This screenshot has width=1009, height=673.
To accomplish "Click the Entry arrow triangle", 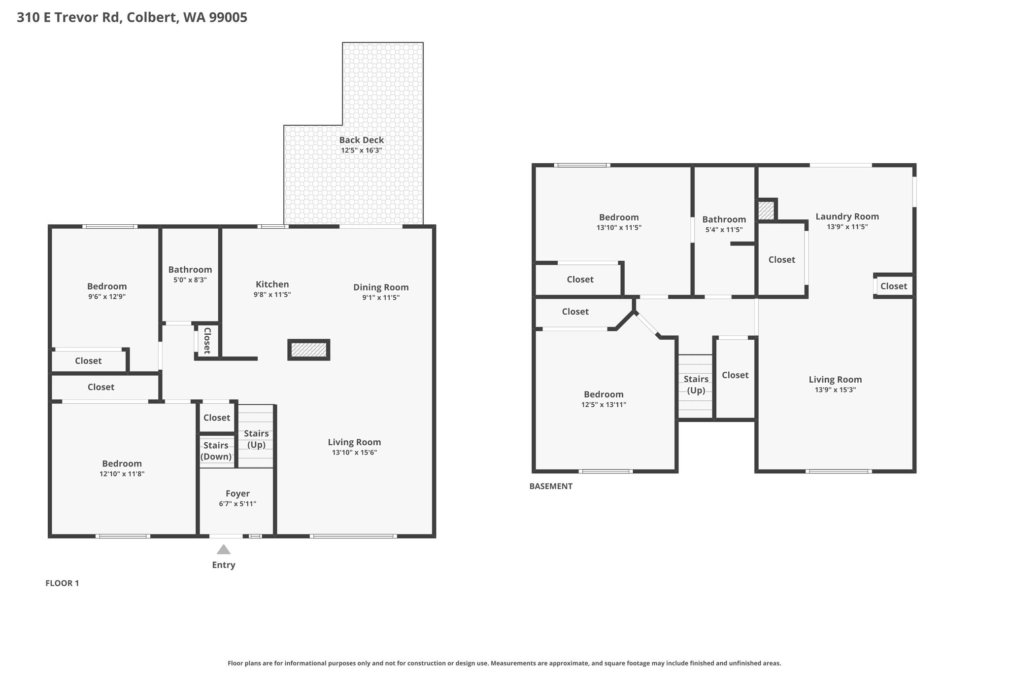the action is click(224, 549).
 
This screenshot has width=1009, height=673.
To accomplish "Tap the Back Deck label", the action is click(361, 140).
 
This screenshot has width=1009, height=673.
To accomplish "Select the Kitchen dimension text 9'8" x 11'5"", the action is click(272, 295).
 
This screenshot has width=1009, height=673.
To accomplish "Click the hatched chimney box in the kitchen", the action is click(309, 350).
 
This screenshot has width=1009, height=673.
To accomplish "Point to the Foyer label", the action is click(237, 494).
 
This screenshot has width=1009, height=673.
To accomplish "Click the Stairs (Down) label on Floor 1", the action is click(216, 451).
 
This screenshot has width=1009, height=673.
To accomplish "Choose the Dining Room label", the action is click(381, 287).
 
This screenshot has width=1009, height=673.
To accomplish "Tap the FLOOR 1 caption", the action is click(62, 583).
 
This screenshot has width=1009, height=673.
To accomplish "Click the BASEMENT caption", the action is click(551, 486).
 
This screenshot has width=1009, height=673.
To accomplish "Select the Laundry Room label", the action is click(847, 216).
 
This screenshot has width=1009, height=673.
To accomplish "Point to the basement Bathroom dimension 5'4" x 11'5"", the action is click(724, 230).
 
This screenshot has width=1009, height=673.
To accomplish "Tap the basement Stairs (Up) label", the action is click(696, 385).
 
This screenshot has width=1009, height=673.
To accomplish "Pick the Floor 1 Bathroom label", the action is click(190, 270).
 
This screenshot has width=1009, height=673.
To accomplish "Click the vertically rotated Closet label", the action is click(207, 340).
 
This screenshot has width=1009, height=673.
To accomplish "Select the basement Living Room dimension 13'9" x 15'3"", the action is click(835, 390).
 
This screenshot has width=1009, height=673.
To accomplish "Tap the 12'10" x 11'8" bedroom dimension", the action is click(122, 474).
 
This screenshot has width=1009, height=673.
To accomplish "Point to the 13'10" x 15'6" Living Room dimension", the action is click(354, 453).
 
